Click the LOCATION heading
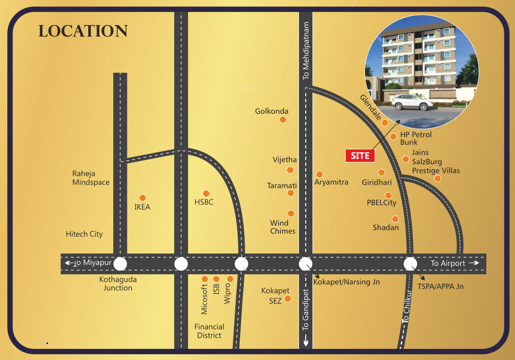coord(83,31)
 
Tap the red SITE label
coord(360,156)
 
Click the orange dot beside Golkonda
coord(283,120)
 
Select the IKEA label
coord(142,207)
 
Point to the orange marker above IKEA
coord(142,198)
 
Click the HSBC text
coord(204,202)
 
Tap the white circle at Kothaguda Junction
coord(120,264)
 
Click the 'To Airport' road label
coord(448,263)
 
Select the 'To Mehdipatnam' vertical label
coord(306,51)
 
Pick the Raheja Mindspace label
coord(91,178)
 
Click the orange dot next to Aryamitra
coord(319,174)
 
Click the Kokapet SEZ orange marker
coord(288,299)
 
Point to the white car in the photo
coord(412,102)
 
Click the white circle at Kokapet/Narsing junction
coord(306,264)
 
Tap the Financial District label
coord(209,331)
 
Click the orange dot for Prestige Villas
coord(437,178)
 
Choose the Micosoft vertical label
coord(204,299)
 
